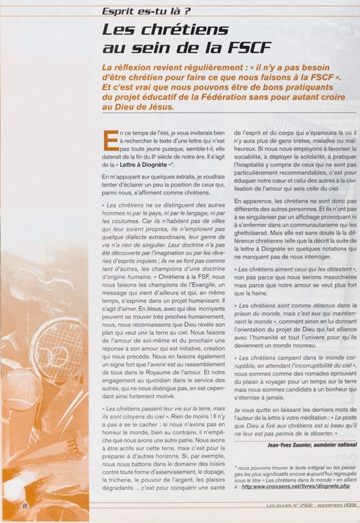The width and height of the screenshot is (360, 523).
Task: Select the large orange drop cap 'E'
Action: [x=111, y=140]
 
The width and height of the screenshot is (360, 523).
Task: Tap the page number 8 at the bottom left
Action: [x=25, y=506]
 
